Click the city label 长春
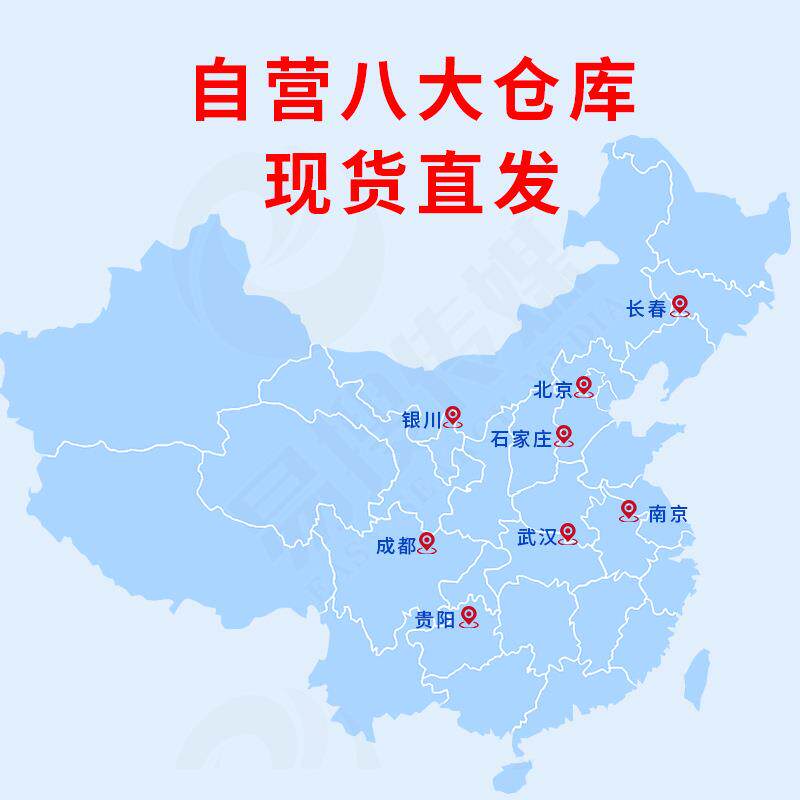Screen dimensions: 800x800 coord(645,310)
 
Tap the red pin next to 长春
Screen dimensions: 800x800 coord(680,305)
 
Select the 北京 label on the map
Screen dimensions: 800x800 coord(551,390)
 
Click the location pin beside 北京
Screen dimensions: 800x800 coord(584,386)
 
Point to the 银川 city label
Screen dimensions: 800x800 coord(420,420)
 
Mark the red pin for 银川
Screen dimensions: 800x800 coord(453,416)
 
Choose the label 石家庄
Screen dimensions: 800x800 coord(521,439)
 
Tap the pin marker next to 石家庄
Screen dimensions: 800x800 coord(564,435)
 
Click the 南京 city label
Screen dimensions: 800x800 coord(667,515)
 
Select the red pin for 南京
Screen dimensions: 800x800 coord(628,510)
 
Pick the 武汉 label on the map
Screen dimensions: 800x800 coord(536,537)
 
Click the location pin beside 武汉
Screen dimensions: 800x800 coord(568,532)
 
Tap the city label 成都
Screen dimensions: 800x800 coord(394,546)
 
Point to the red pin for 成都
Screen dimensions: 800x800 coord(427,542)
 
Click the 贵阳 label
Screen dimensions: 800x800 coord(434,621)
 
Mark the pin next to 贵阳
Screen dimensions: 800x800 coord(467,617)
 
